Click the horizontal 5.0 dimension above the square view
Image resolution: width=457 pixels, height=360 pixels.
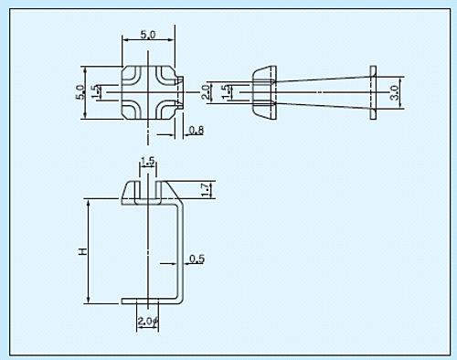tap(148, 35)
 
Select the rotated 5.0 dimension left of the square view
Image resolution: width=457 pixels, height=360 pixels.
tap(80, 92)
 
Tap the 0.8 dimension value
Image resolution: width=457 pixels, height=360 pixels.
tap(197, 131)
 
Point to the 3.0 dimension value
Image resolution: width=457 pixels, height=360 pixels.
tap(395, 92)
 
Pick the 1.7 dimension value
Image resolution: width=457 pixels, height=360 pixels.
tap(207, 189)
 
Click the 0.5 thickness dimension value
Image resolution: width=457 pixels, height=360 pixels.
tap(197, 259)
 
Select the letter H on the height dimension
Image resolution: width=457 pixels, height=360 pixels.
tap(82, 251)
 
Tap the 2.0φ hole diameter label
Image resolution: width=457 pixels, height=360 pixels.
tap(148, 321)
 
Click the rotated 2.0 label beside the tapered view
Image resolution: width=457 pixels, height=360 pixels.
tap(207, 92)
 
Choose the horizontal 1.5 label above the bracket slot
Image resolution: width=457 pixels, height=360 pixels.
tap(148, 161)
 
